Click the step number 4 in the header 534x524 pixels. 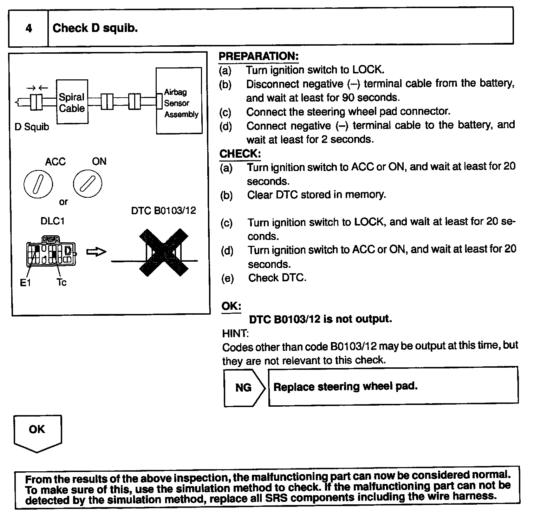[x=29, y=28]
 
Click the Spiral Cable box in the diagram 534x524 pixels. [x=72, y=102]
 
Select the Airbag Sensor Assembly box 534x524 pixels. [x=179, y=101]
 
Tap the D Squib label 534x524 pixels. [x=32, y=127]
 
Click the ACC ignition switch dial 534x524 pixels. [x=38, y=184]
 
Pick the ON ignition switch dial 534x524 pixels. [x=87, y=184]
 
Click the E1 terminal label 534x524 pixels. [x=25, y=283]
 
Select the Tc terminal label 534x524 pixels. [x=61, y=282]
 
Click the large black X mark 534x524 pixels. [x=163, y=252]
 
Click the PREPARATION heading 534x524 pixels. [x=259, y=56]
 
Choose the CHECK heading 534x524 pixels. [x=240, y=154]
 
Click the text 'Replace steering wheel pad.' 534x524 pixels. [x=345, y=387]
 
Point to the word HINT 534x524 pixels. [x=235, y=333]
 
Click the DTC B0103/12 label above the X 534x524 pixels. [x=163, y=211]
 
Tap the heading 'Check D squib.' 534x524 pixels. [x=95, y=28]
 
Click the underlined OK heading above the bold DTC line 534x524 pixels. [x=231, y=306]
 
